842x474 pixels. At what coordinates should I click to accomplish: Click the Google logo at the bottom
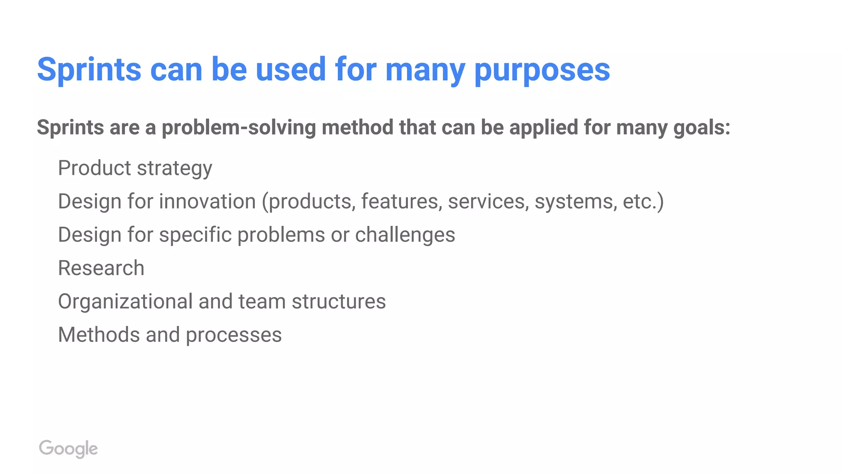[x=68, y=448]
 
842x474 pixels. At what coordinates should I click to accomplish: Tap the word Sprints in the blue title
[x=89, y=70]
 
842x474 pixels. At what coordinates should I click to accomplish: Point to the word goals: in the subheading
[x=702, y=128]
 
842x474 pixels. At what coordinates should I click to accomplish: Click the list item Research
[x=101, y=268]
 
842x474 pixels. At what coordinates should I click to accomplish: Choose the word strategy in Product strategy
[x=174, y=168]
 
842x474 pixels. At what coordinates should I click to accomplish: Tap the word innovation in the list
[x=208, y=202]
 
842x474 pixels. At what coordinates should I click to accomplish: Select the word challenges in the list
[x=405, y=235]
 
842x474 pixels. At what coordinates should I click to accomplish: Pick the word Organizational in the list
[x=125, y=302]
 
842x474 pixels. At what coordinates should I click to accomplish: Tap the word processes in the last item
[x=234, y=335]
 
